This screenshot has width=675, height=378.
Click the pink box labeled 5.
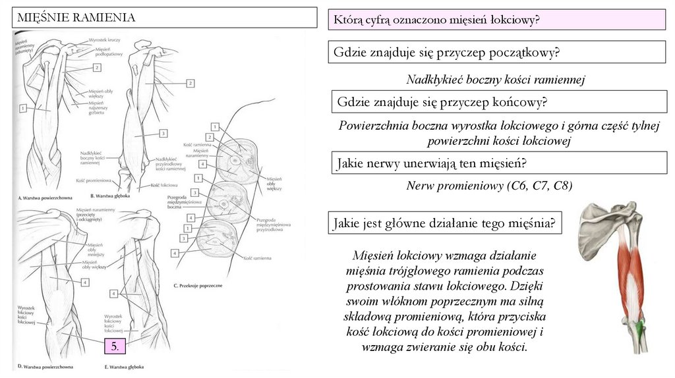tap(114, 347)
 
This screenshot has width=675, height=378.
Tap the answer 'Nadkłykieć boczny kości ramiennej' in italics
tap(496, 80)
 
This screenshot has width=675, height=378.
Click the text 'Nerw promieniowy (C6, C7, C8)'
tap(489, 186)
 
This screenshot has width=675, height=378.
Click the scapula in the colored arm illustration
tap(602, 224)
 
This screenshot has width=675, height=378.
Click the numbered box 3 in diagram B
tap(162, 134)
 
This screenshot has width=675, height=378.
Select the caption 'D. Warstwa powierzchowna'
tap(45, 366)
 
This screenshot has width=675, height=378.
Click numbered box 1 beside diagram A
tap(22, 107)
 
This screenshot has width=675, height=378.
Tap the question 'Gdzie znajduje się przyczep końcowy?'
tap(442, 102)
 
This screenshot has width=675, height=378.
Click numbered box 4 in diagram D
tap(85, 282)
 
